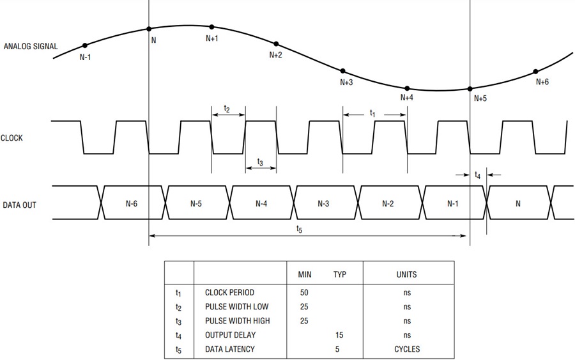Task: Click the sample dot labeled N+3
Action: coord(343,71)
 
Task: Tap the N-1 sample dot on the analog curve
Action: coord(85,45)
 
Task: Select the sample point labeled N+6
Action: coord(536,72)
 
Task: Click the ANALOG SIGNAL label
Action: coord(31,46)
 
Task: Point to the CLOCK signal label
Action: coord(11,138)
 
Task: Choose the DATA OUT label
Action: coord(19,205)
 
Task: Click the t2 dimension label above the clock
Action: coord(227,109)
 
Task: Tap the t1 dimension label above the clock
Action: coord(372,113)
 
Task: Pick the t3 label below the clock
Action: coord(260,162)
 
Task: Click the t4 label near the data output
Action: coord(477,175)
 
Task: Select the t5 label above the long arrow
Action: coord(300,230)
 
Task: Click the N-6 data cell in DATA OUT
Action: coord(132,204)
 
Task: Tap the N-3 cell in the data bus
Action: coord(323,204)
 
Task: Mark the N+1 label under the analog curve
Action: coord(212,38)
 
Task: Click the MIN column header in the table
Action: coord(305,274)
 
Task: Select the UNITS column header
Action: coord(407,274)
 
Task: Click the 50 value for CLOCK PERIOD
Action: coord(304,292)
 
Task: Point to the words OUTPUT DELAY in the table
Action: coord(230,335)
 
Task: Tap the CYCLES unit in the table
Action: coord(407,349)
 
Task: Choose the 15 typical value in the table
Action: coord(339,335)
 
